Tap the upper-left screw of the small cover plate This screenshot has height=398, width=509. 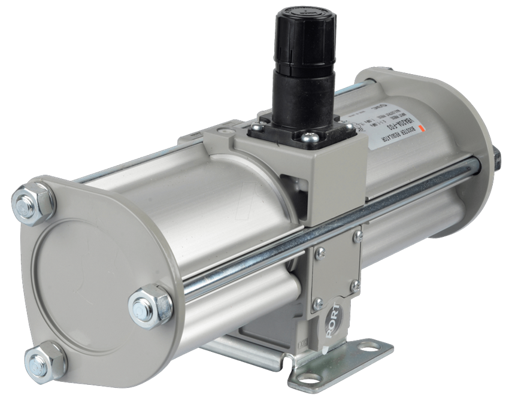[x=321, y=252]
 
